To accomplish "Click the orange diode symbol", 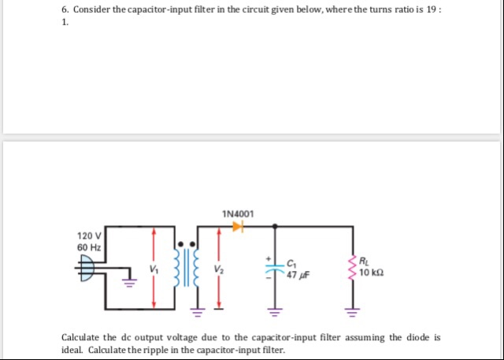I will pyautogui.click(x=238, y=227).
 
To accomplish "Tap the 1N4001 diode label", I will pyautogui.click(x=238, y=213).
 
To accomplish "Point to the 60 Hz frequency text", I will pyautogui.click(x=88, y=247).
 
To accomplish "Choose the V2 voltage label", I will pyautogui.click(x=217, y=269).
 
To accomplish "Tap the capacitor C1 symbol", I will pyautogui.click(x=275, y=269).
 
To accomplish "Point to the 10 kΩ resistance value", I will pyautogui.click(x=370, y=273).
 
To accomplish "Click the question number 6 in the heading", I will pyautogui.click(x=64, y=11).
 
